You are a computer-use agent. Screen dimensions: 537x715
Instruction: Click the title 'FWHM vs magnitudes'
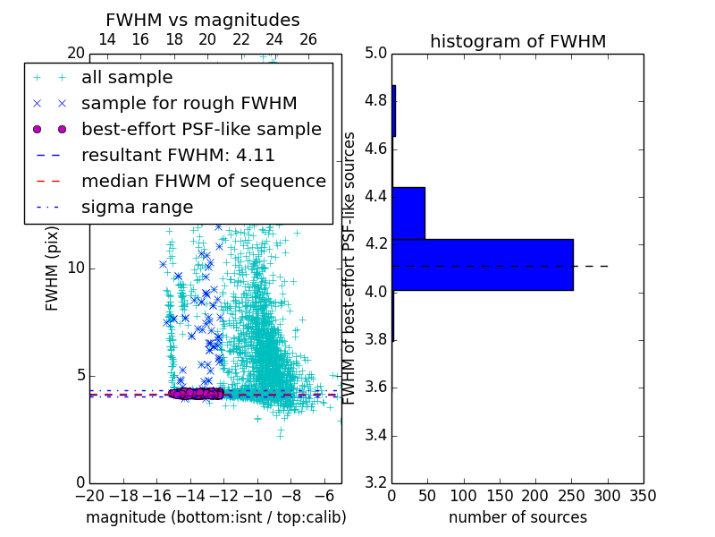point(203,21)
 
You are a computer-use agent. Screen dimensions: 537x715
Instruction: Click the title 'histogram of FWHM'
point(517,41)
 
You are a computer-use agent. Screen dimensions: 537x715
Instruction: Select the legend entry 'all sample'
point(127,78)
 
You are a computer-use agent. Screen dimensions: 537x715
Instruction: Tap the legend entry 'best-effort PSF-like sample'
point(201,130)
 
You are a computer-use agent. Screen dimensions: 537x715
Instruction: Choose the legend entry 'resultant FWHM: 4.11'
point(178,156)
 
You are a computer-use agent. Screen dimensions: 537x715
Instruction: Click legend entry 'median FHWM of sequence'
point(203,182)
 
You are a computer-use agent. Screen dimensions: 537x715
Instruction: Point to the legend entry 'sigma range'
point(137,208)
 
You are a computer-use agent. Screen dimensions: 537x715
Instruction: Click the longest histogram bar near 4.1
point(483,265)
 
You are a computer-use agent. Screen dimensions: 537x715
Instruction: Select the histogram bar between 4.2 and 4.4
point(408,214)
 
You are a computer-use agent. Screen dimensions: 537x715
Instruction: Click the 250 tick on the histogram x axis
point(572,496)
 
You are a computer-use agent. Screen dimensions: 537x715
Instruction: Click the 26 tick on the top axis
point(308,39)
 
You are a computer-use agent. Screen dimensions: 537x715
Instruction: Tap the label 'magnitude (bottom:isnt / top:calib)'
point(215,517)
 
